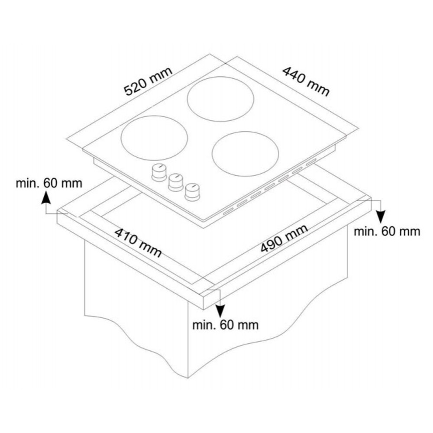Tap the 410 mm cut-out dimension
pyautogui.click(x=138, y=242)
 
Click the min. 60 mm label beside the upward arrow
pyautogui.click(x=49, y=183)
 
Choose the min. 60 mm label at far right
pyautogui.click(x=387, y=231)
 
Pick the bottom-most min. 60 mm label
pyautogui.click(x=225, y=325)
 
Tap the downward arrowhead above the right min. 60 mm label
pyautogui.click(x=381, y=217)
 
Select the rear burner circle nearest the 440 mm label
pyautogui.click(x=220, y=99)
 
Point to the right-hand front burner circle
pyautogui.click(x=245, y=154)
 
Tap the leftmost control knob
pyautogui.click(x=158, y=173)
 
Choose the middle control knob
pyautogui.click(x=176, y=182)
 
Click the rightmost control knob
pyautogui.click(x=193, y=192)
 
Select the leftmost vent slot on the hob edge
pyautogui.click(x=228, y=212)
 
